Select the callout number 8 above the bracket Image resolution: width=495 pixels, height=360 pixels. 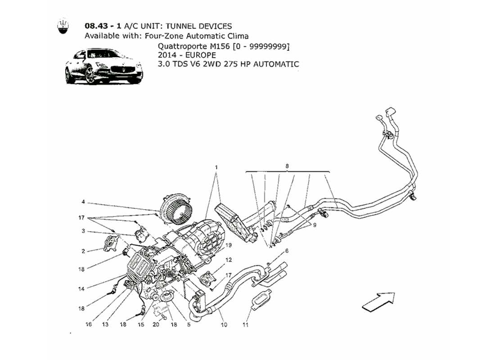pos(287,166)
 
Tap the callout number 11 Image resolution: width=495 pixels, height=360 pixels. pos(246,324)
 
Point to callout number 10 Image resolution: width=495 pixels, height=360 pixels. pos(224,324)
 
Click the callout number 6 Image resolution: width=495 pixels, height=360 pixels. pos(286,251)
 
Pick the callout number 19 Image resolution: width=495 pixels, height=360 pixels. pos(229,245)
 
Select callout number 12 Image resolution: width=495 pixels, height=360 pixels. pos(229,260)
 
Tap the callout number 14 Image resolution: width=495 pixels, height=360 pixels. pos(81,289)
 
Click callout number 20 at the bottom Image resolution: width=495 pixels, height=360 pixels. pos(156,324)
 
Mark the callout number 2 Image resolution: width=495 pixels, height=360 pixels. pos(83,252)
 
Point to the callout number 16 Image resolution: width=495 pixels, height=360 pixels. pos(89,324)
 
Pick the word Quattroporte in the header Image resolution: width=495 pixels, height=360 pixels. pos(180,46)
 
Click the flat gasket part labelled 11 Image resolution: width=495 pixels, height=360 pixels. pos(261,298)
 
